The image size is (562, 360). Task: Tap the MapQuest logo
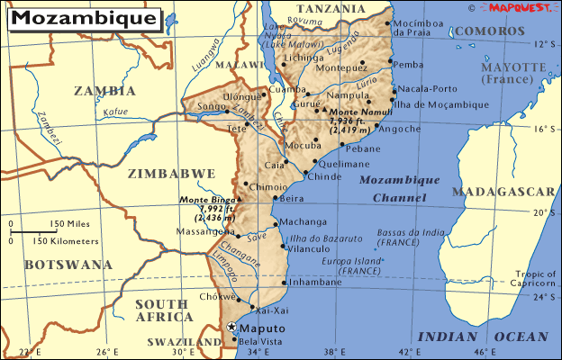pos(519,7)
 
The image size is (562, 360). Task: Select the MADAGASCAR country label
pos(503,192)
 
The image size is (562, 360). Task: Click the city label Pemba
pos(409,64)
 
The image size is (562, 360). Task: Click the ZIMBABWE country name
pos(171,174)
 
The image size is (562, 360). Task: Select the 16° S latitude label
pos(541,129)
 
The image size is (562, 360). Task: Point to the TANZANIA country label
pos(331,8)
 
